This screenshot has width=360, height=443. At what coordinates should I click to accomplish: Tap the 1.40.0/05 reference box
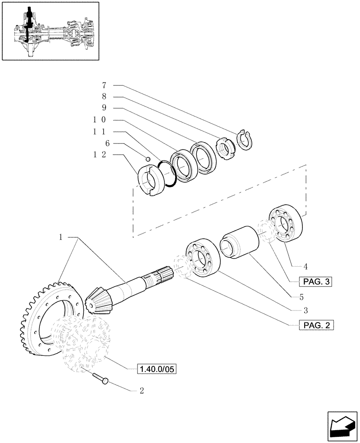click(x=157, y=369)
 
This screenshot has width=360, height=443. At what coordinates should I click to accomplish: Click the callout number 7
click(x=103, y=85)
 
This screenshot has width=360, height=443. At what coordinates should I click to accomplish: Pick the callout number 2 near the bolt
click(x=141, y=391)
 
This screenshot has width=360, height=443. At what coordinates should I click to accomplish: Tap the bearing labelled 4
click(x=286, y=224)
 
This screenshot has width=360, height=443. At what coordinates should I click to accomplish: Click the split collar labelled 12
click(x=149, y=180)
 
